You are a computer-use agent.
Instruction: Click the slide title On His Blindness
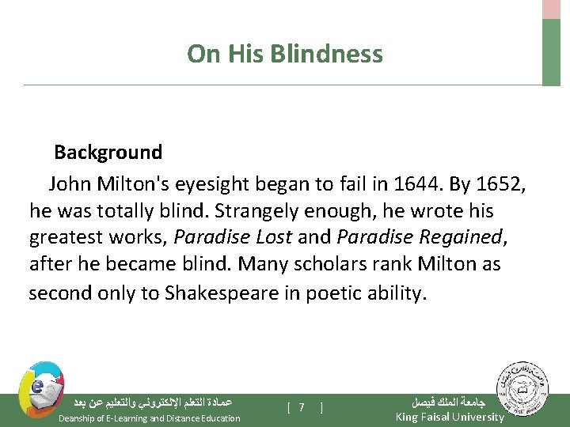pos(284,54)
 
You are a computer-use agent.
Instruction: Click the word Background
pos(108,152)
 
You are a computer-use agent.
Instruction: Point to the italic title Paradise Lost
pos(233,237)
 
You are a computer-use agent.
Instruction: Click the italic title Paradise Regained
pos(419,237)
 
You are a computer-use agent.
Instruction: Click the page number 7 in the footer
pos(302,408)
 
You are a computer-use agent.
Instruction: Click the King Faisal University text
pos(449,418)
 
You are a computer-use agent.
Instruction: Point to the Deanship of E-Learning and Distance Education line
pos(150,418)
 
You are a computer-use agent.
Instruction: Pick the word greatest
pos(66,237)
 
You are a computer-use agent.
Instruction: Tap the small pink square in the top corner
pos(551,9)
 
